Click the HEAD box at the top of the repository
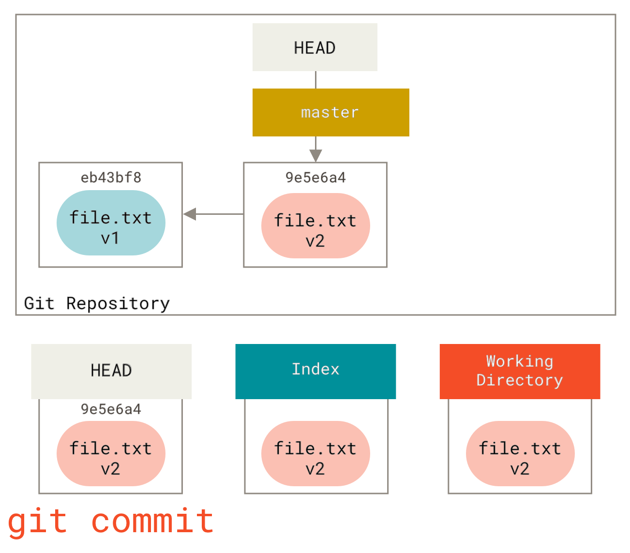(x=315, y=47)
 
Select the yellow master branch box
(x=330, y=112)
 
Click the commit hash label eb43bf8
(x=111, y=178)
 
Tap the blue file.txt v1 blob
(x=111, y=223)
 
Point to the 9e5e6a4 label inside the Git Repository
(x=315, y=178)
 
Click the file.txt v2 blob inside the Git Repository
(x=315, y=226)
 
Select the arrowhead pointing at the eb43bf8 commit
(x=190, y=214)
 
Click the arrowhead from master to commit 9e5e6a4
(x=315, y=155)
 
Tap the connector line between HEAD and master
(x=315, y=80)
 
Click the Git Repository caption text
(x=97, y=303)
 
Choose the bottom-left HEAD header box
(x=111, y=371)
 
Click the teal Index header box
(x=315, y=371)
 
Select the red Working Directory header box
(x=520, y=371)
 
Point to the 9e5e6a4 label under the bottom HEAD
(x=111, y=409)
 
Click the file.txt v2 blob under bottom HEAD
(x=111, y=454)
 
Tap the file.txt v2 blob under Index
(x=315, y=454)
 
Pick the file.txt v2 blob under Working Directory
(x=520, y=454)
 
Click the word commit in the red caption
(x=152, y=522)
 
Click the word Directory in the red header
(x=520, y=380)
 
